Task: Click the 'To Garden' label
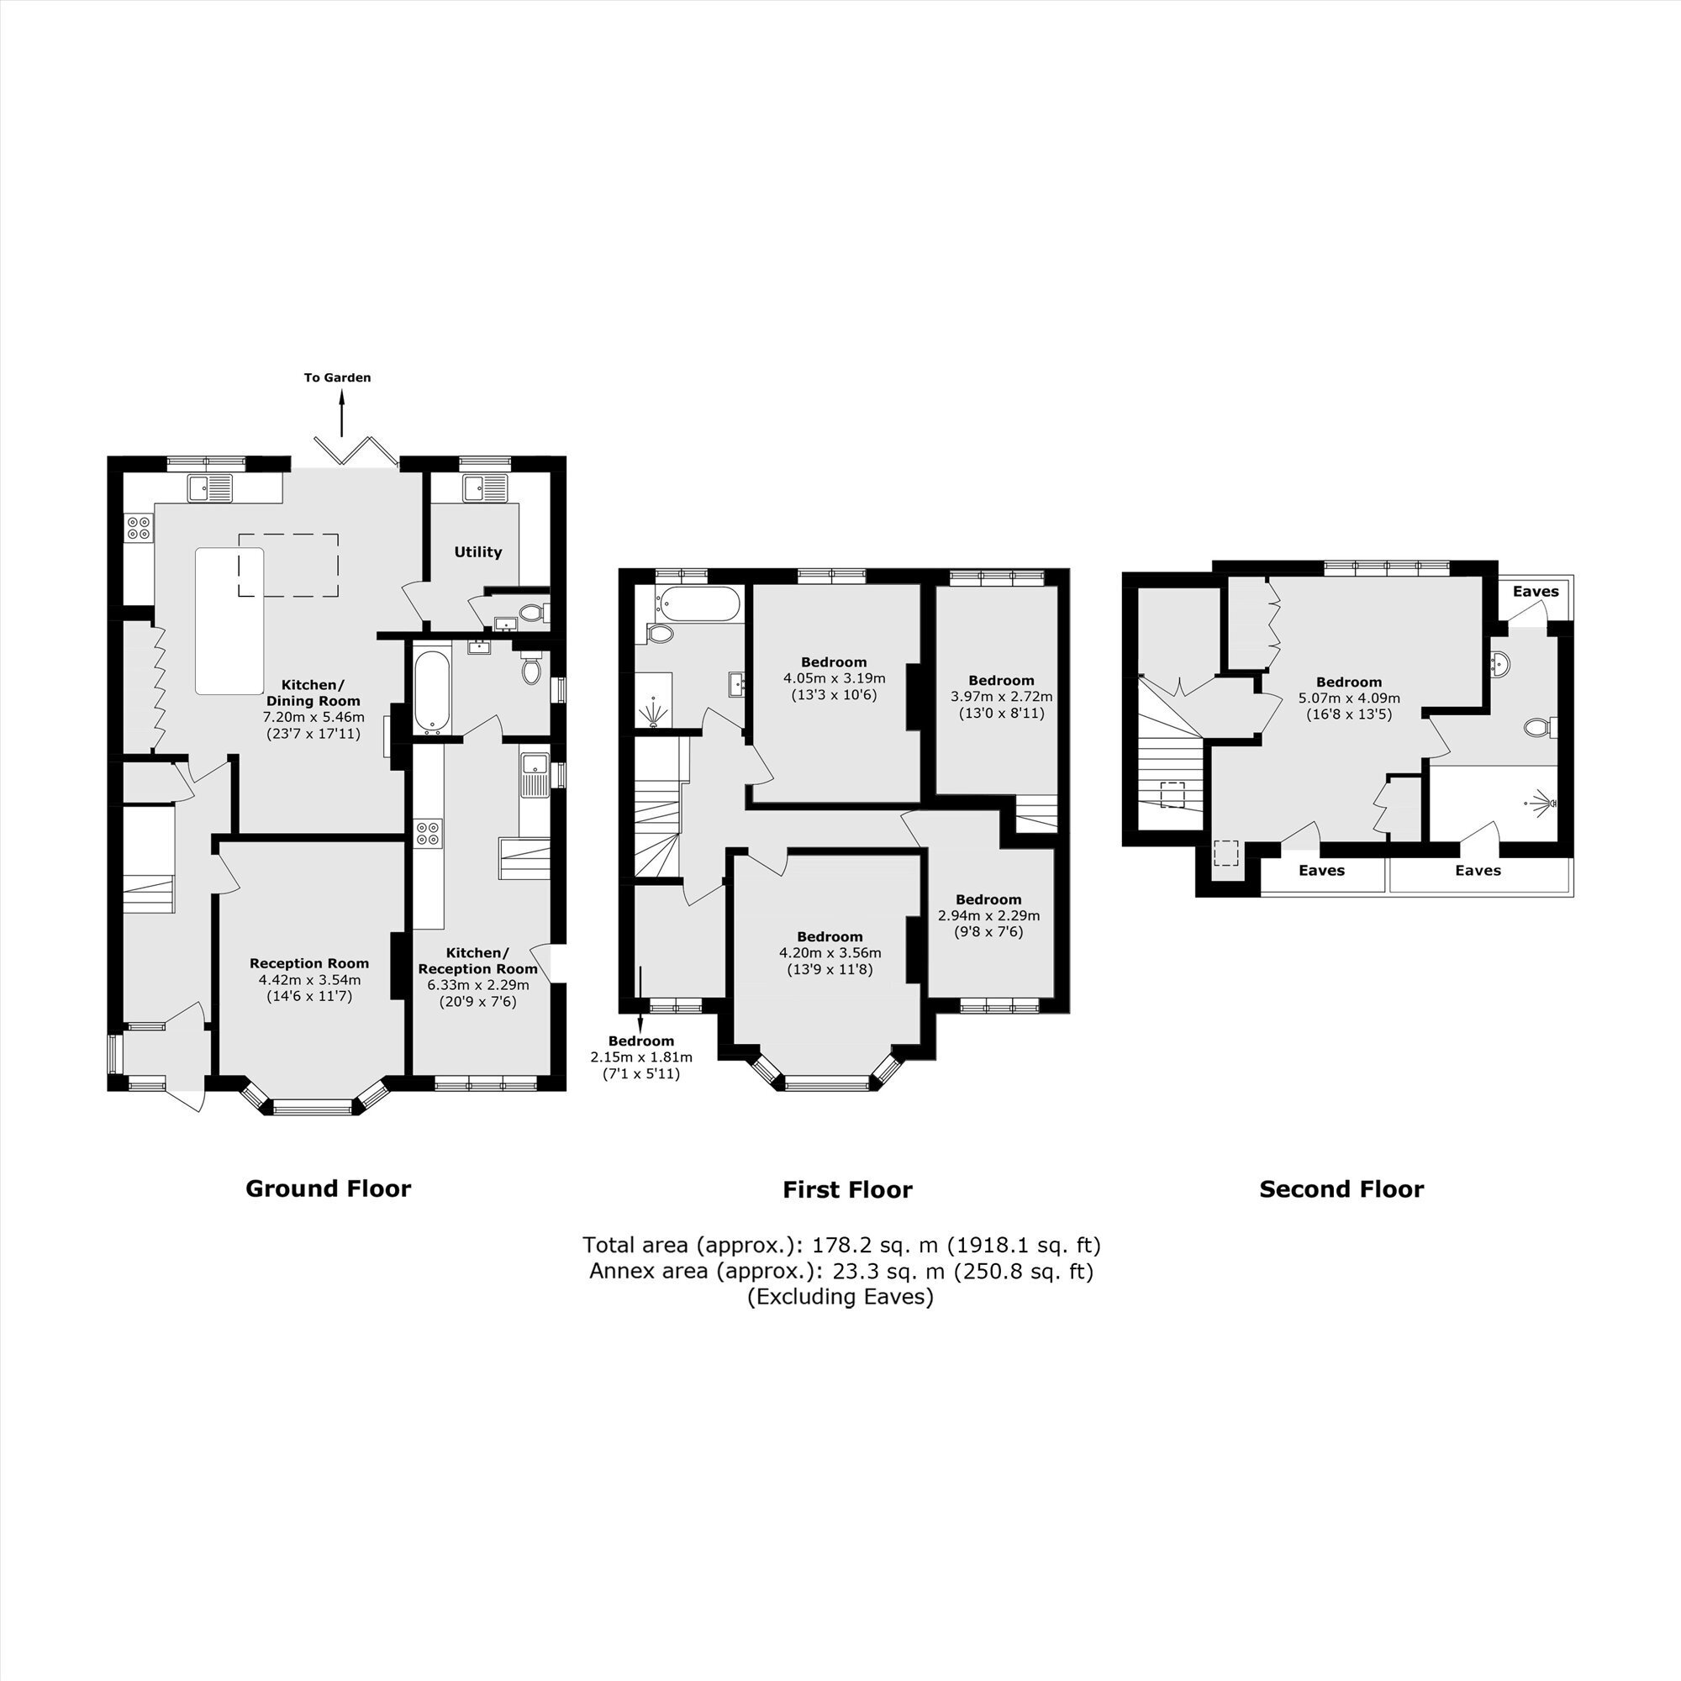(x=338, y=377)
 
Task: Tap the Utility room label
(x=477, y=551)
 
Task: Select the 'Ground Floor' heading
(x=328, y=1188)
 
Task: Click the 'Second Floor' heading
(x=1341, y=1189)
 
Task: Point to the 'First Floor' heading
(x=847, y=1189)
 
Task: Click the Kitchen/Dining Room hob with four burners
(x=140, y=527)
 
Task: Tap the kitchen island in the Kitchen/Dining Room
(x=229, y=621)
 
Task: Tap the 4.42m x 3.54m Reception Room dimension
(x=310, y=980)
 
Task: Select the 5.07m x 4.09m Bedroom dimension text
(x=1350, y=698)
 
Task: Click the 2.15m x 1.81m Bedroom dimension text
(x=641, y=1057)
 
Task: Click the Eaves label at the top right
(x=1536, y=592)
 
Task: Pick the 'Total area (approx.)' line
(x=841, y=1245)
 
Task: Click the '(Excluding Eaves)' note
(x=840, y=1296)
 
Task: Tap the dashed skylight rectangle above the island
(x=289, y=566)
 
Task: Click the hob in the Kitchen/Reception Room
(x=428, y=833)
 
